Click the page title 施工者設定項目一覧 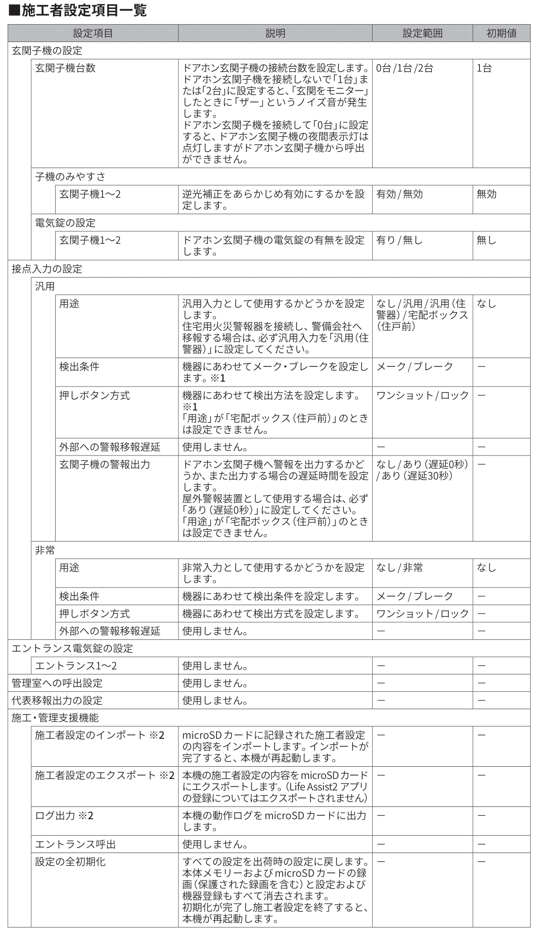tap(78, 10)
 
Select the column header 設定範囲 tap(422, 33)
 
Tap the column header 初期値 tap(501, 33)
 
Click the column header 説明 tap(275, 33)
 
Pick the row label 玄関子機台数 tap(65, 68)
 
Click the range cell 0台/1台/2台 tap(404, 69)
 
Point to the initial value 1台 tap(484, 69)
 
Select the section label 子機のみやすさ tap(70, 177)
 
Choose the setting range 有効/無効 tap(399, 194)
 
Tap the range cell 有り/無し tap(399, 240)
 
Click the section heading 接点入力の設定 tap(47, 269)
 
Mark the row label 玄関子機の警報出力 tap(105, 465)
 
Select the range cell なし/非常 tap(399, 568)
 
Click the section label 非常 tap(45, 551)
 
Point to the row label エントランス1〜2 tap(76, 666)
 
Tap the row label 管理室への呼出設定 tap(57, 683)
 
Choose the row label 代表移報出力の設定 tap(57, 700)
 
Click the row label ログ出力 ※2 tap(64, 816)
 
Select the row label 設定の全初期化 tap(70, 862)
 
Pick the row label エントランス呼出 tap(75, 844)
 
